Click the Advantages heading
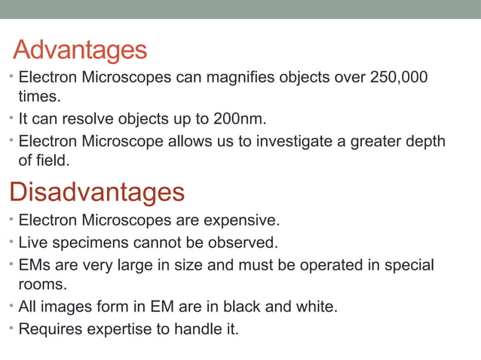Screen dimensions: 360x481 tap(80, 50)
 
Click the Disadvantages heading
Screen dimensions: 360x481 tap(97, 192)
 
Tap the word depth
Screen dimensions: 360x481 tap(424, 141)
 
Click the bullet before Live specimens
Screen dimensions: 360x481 tap(11, 243)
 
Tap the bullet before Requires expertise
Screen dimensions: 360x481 tap(11, 328)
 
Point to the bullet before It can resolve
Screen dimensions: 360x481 tap(11, 119)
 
